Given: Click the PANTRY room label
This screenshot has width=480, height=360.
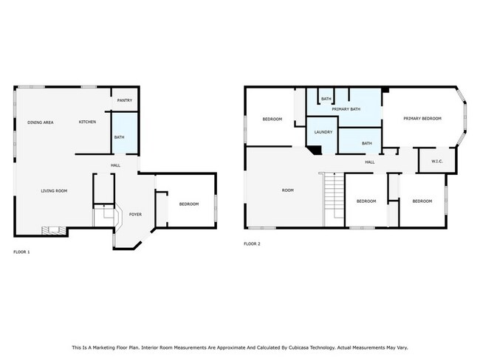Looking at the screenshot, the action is click(125, 100).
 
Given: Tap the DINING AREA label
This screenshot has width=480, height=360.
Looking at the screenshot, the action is click(41, 122).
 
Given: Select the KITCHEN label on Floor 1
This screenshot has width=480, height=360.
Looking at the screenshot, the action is click(88, 122).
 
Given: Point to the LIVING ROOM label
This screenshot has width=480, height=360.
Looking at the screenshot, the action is click(54, 191).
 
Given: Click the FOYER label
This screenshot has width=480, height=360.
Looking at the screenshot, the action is click(135, 215).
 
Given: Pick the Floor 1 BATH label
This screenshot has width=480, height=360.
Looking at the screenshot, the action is click(120, 137).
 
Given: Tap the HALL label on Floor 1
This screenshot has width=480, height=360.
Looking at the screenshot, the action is click(115, 165).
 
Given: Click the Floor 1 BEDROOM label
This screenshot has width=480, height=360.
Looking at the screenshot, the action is click(189, 204).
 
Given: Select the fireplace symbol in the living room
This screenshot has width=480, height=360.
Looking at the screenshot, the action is click(54, 230).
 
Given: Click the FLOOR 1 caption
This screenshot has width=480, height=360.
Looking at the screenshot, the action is click(21, 252).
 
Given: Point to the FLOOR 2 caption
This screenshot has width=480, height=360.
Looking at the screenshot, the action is click(252, 243).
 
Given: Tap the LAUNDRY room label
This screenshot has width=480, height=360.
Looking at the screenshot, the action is click(323, 132).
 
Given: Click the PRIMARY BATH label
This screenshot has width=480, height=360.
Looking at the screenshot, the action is click(346, 109).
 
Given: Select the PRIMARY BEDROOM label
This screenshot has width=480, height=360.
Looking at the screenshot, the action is click(422, 118).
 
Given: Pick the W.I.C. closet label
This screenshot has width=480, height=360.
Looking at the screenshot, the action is click(437, 162).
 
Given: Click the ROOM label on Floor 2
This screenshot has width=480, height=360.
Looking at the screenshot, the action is click(288, 190).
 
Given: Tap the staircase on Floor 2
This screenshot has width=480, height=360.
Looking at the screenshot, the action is click(334, 200).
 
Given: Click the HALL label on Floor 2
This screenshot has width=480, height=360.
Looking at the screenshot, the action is click(370, 162).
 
